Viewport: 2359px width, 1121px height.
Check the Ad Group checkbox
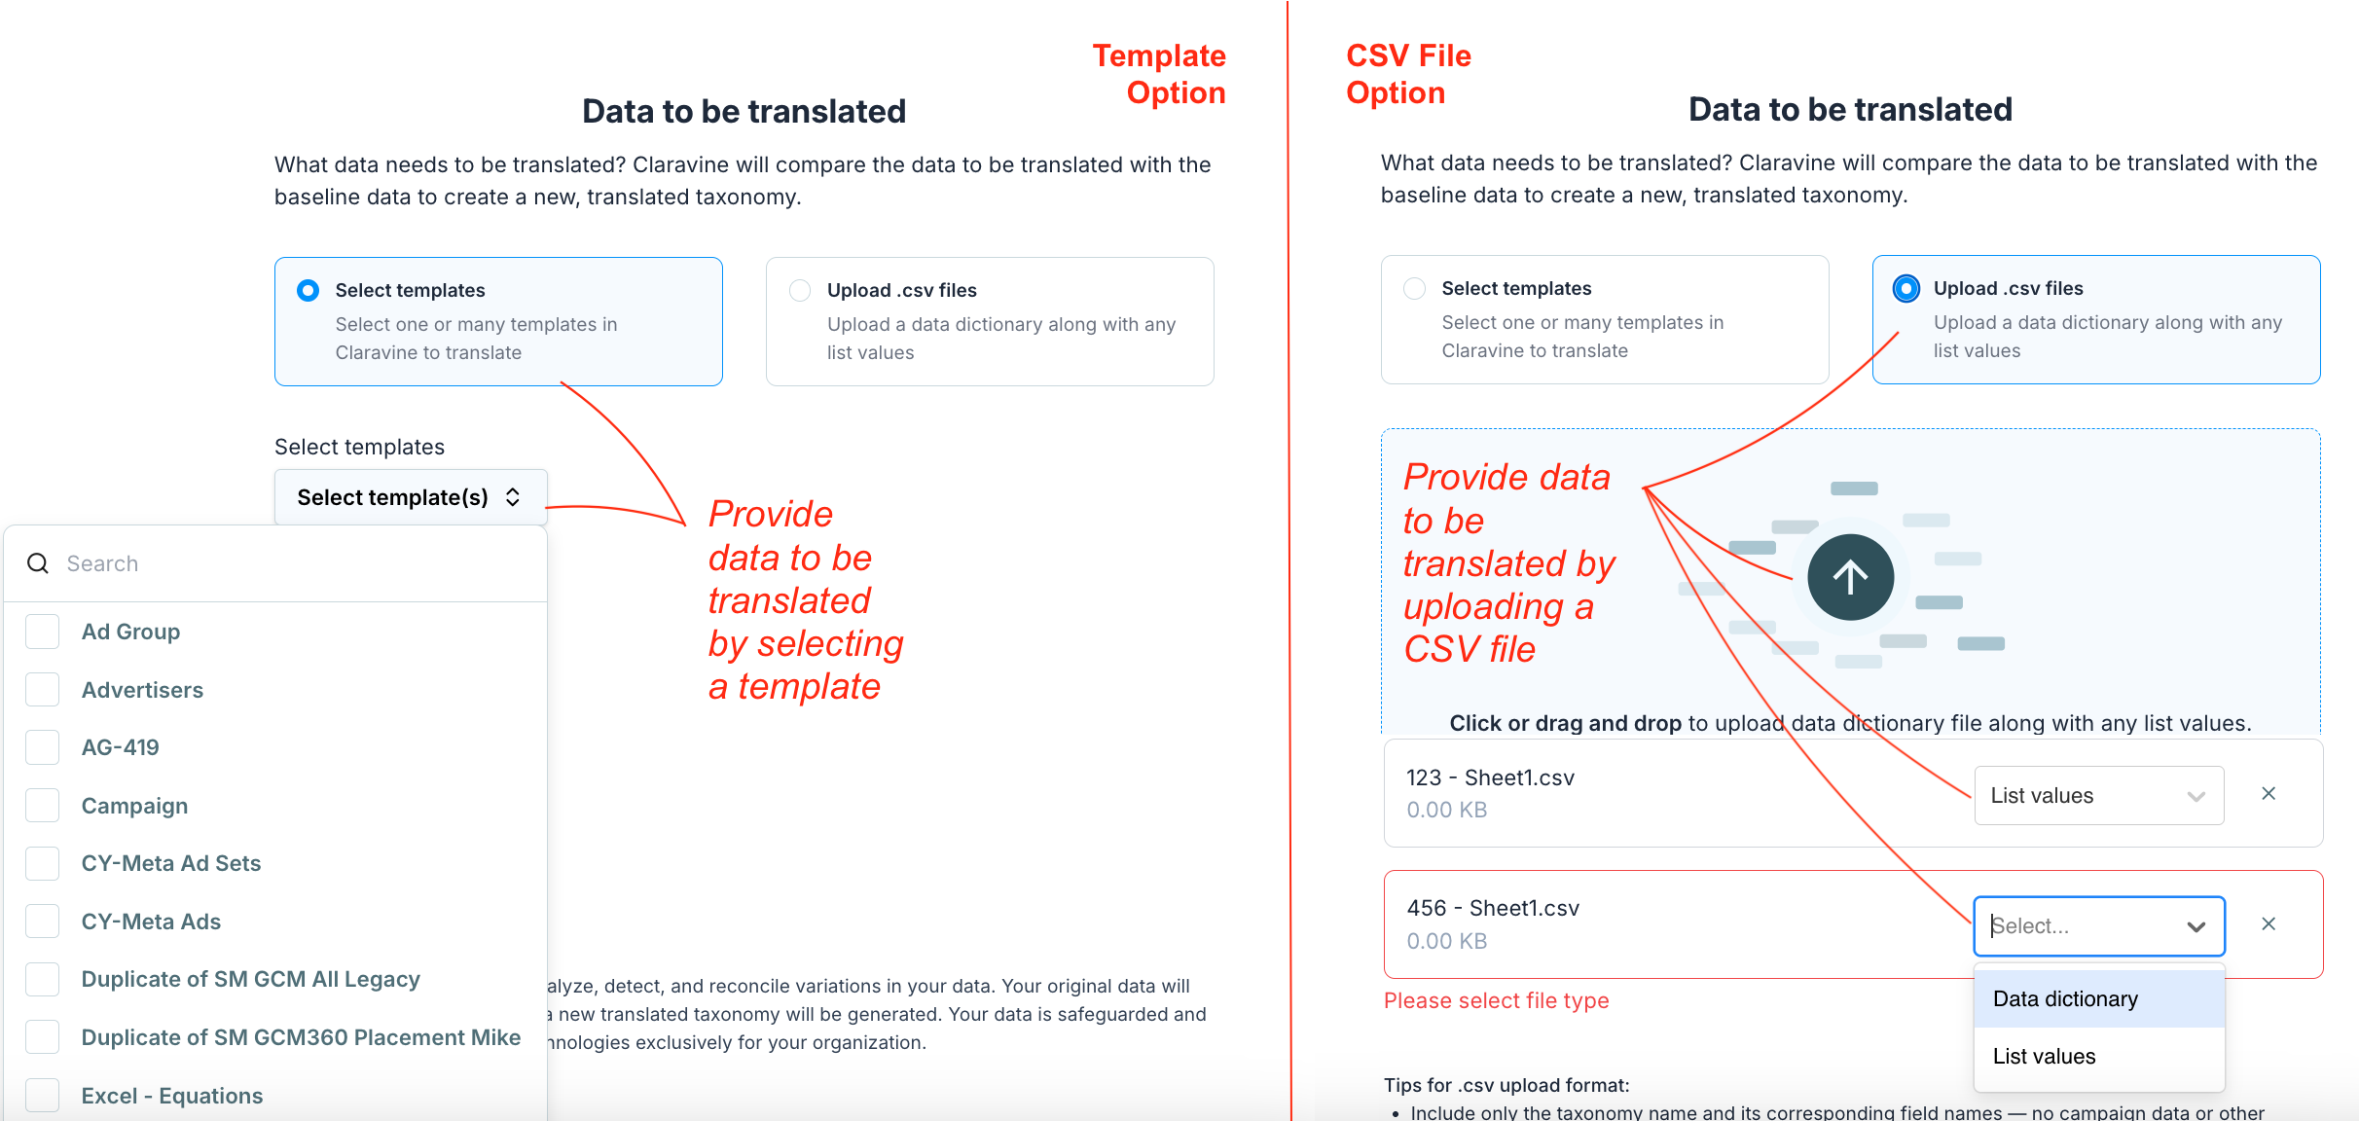pos(43,632)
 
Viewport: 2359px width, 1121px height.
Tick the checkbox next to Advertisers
pos(43,690)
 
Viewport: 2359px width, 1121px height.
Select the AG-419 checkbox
pos(43,747)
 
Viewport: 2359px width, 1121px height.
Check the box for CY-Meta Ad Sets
pos(43,863)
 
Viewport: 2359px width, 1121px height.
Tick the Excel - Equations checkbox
pos(43,1096)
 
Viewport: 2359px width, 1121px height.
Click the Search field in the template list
pos(292,563)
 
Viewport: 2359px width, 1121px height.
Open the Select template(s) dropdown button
pos(410,497)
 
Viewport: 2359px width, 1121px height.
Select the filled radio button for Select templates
pos(308,290)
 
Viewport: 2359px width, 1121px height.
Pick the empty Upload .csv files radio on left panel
pos(800,290)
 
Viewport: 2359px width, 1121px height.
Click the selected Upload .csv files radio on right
pos(1905,288)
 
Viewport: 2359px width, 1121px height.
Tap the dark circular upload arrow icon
pos(1850,577)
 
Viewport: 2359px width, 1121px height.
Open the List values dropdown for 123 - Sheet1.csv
pos(2098,795)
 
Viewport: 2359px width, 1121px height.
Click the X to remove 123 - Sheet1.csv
pos(2268,794)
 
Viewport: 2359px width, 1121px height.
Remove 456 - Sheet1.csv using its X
pos(2268,924)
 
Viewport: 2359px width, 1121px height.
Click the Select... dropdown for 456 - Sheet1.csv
pos(2098,925)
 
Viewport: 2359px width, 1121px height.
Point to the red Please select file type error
pos(1496,1000)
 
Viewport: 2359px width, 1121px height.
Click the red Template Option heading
pos(1158,74)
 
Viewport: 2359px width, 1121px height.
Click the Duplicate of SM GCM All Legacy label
pos(251,979)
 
